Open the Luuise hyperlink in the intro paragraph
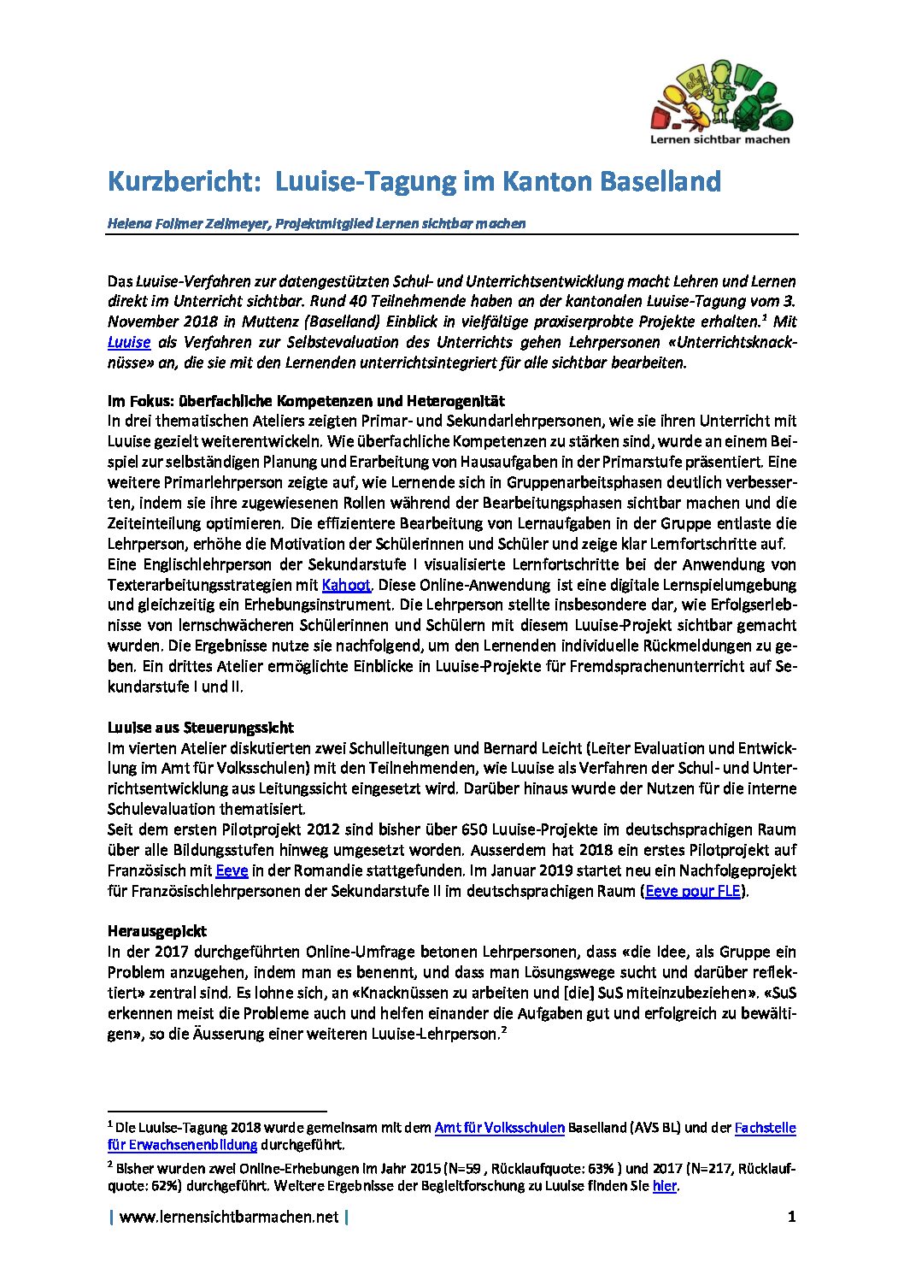pyautogui.click(x=128, y=342)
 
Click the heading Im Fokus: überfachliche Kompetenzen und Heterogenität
pyautogui.click(x=306, y=400)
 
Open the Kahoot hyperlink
pyautogui.click(x=346, y=585)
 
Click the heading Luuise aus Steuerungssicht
pyautogui.click(x=200, y=728)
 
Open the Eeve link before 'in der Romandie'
pyautogui.click(x=232, y=870)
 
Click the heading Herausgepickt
pyautogui.click(x=156, y=931)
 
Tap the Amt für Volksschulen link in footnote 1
pyautogui.click(x=499, y=1128)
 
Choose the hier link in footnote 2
pyautogui.click(x=664, y=1186)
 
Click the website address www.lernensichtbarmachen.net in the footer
pyautogui.click(x=229, y=1217)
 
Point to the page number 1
pyautogui.click(x=791, y=1217)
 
